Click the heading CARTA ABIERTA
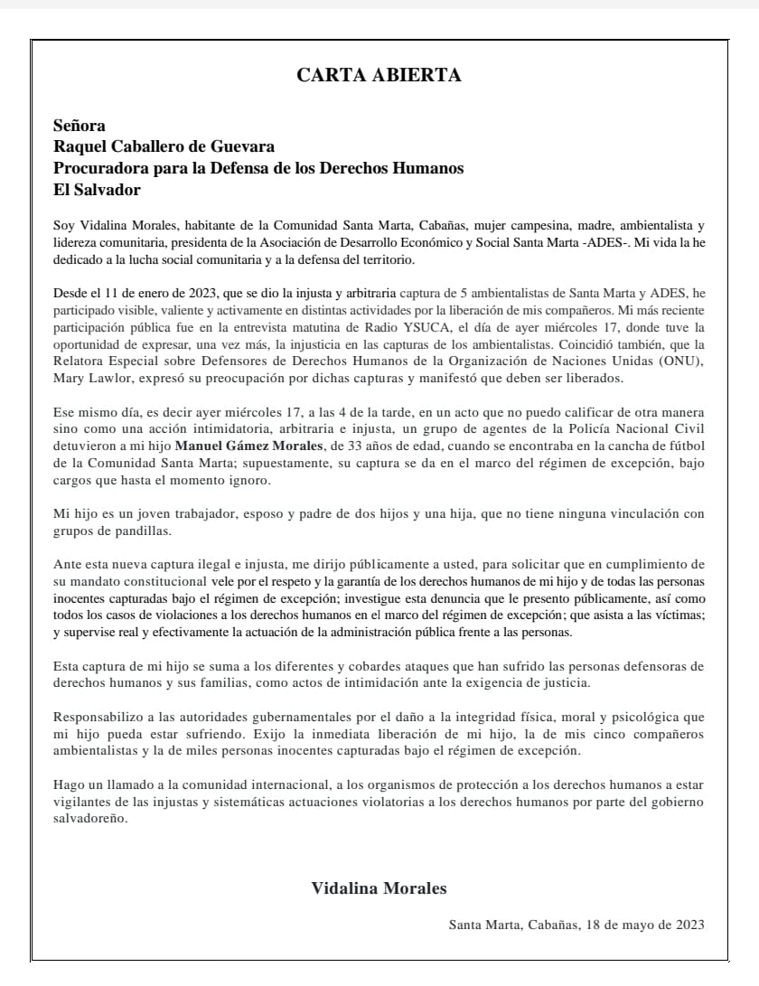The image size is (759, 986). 379,76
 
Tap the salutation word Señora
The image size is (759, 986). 80,127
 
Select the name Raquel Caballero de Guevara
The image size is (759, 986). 164,147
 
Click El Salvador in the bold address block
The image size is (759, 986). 97,190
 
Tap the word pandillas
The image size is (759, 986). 136,530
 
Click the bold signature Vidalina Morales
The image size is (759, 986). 379,889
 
